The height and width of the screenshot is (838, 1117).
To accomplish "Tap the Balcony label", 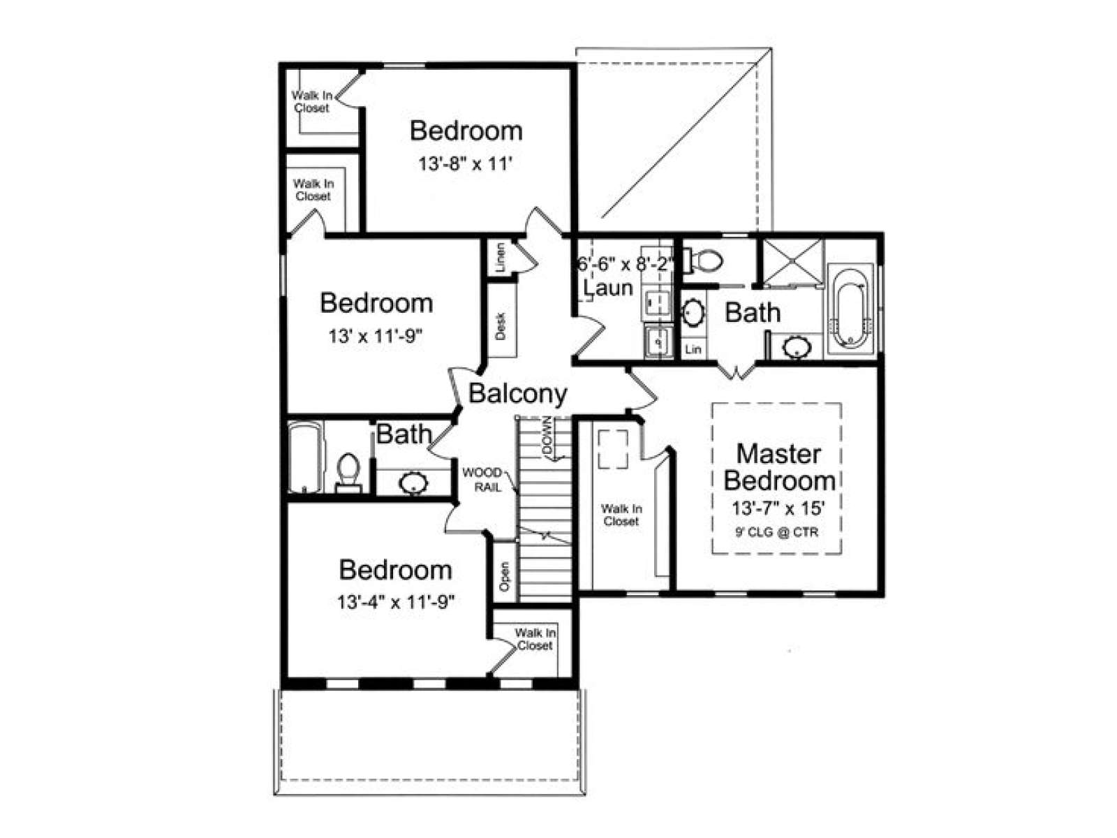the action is pyautogui.click(x=517, y=393).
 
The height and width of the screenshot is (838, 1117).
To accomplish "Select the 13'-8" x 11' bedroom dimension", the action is pyautogui.click(x=465, y=164).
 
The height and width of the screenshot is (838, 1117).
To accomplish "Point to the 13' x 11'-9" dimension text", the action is pyautogui.click(x=376, y=336).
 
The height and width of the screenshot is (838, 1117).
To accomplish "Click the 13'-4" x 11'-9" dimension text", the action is pyautogui.click(x=395, y=602).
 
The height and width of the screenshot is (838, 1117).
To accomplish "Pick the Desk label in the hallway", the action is pyautogui.click(x=501, y=325).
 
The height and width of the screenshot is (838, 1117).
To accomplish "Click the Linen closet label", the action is pyautogui.click(x=501, y=258).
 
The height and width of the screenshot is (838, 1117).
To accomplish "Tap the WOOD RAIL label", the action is pyautogui.click(x=482, y=479).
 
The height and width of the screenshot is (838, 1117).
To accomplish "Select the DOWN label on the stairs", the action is pyautogui.click(x=547, y=436).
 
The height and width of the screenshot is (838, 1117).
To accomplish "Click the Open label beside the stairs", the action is pyautogui.click(x=504, y=576).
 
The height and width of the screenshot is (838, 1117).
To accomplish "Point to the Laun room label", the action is pyautogui.click(x=608, y=288).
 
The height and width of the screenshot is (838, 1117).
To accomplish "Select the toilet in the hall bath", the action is pyautogui.click(x=348, y=473).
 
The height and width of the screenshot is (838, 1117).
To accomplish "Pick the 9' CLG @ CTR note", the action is pyautogui.click(x=776, y=532).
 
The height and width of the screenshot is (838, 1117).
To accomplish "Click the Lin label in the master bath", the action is pyautogui.click(x=693, y=349).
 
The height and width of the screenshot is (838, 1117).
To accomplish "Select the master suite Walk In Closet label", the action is pyautogui.click(x=621, y=515).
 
